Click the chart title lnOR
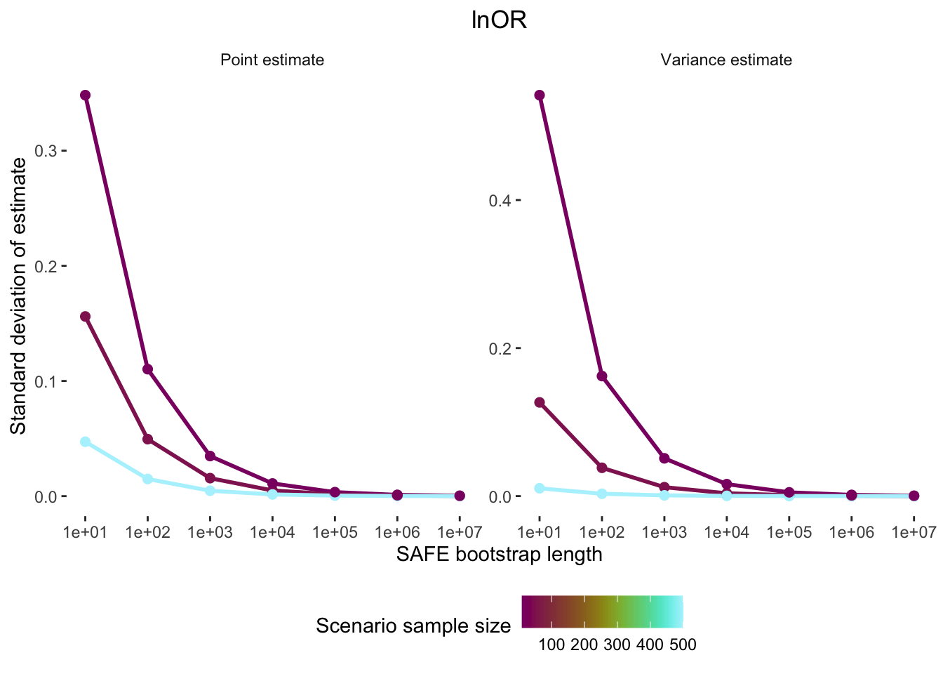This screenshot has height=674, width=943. point(499,21)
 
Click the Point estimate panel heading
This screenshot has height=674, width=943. point(272,60)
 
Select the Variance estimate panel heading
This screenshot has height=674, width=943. point(726,60)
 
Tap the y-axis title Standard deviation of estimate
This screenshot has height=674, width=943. point(19,296)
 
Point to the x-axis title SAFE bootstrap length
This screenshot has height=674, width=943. point(499,555)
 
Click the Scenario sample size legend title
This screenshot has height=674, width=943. point(413,626)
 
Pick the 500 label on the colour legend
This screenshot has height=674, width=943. point(682,645)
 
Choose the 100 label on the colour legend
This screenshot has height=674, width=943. point(551,645)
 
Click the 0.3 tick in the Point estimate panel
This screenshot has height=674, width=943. point(51,151)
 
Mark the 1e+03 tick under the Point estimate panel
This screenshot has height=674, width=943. point(210,532)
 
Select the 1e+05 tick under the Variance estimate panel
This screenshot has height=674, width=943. point(789,532)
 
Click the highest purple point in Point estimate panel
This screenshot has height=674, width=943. point(86,95)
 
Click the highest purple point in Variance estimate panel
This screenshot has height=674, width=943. point(540,95)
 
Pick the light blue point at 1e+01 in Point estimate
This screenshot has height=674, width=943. point(86,442)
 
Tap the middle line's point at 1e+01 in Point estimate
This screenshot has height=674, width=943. point(86,317)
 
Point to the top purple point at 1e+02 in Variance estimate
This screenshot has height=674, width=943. point(602,376)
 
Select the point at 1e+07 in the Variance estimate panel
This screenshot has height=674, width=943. point(914,496)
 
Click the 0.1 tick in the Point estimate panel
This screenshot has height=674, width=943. point(51,381)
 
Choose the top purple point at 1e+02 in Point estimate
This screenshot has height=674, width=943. point(148,369)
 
